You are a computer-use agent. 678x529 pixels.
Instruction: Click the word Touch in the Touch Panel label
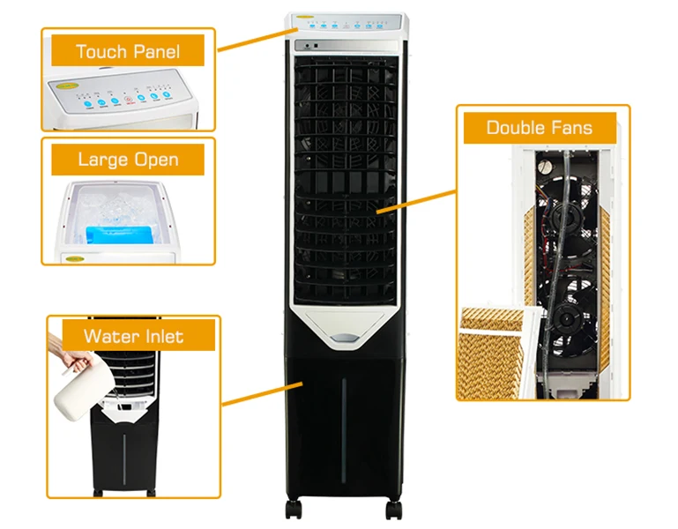(x=101, y=52)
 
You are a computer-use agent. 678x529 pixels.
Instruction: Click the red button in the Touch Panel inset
(x=128, y=101)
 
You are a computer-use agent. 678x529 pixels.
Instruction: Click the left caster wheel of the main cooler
(x=293, y=510)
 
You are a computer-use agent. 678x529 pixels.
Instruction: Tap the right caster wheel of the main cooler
(x=392, y=510)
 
